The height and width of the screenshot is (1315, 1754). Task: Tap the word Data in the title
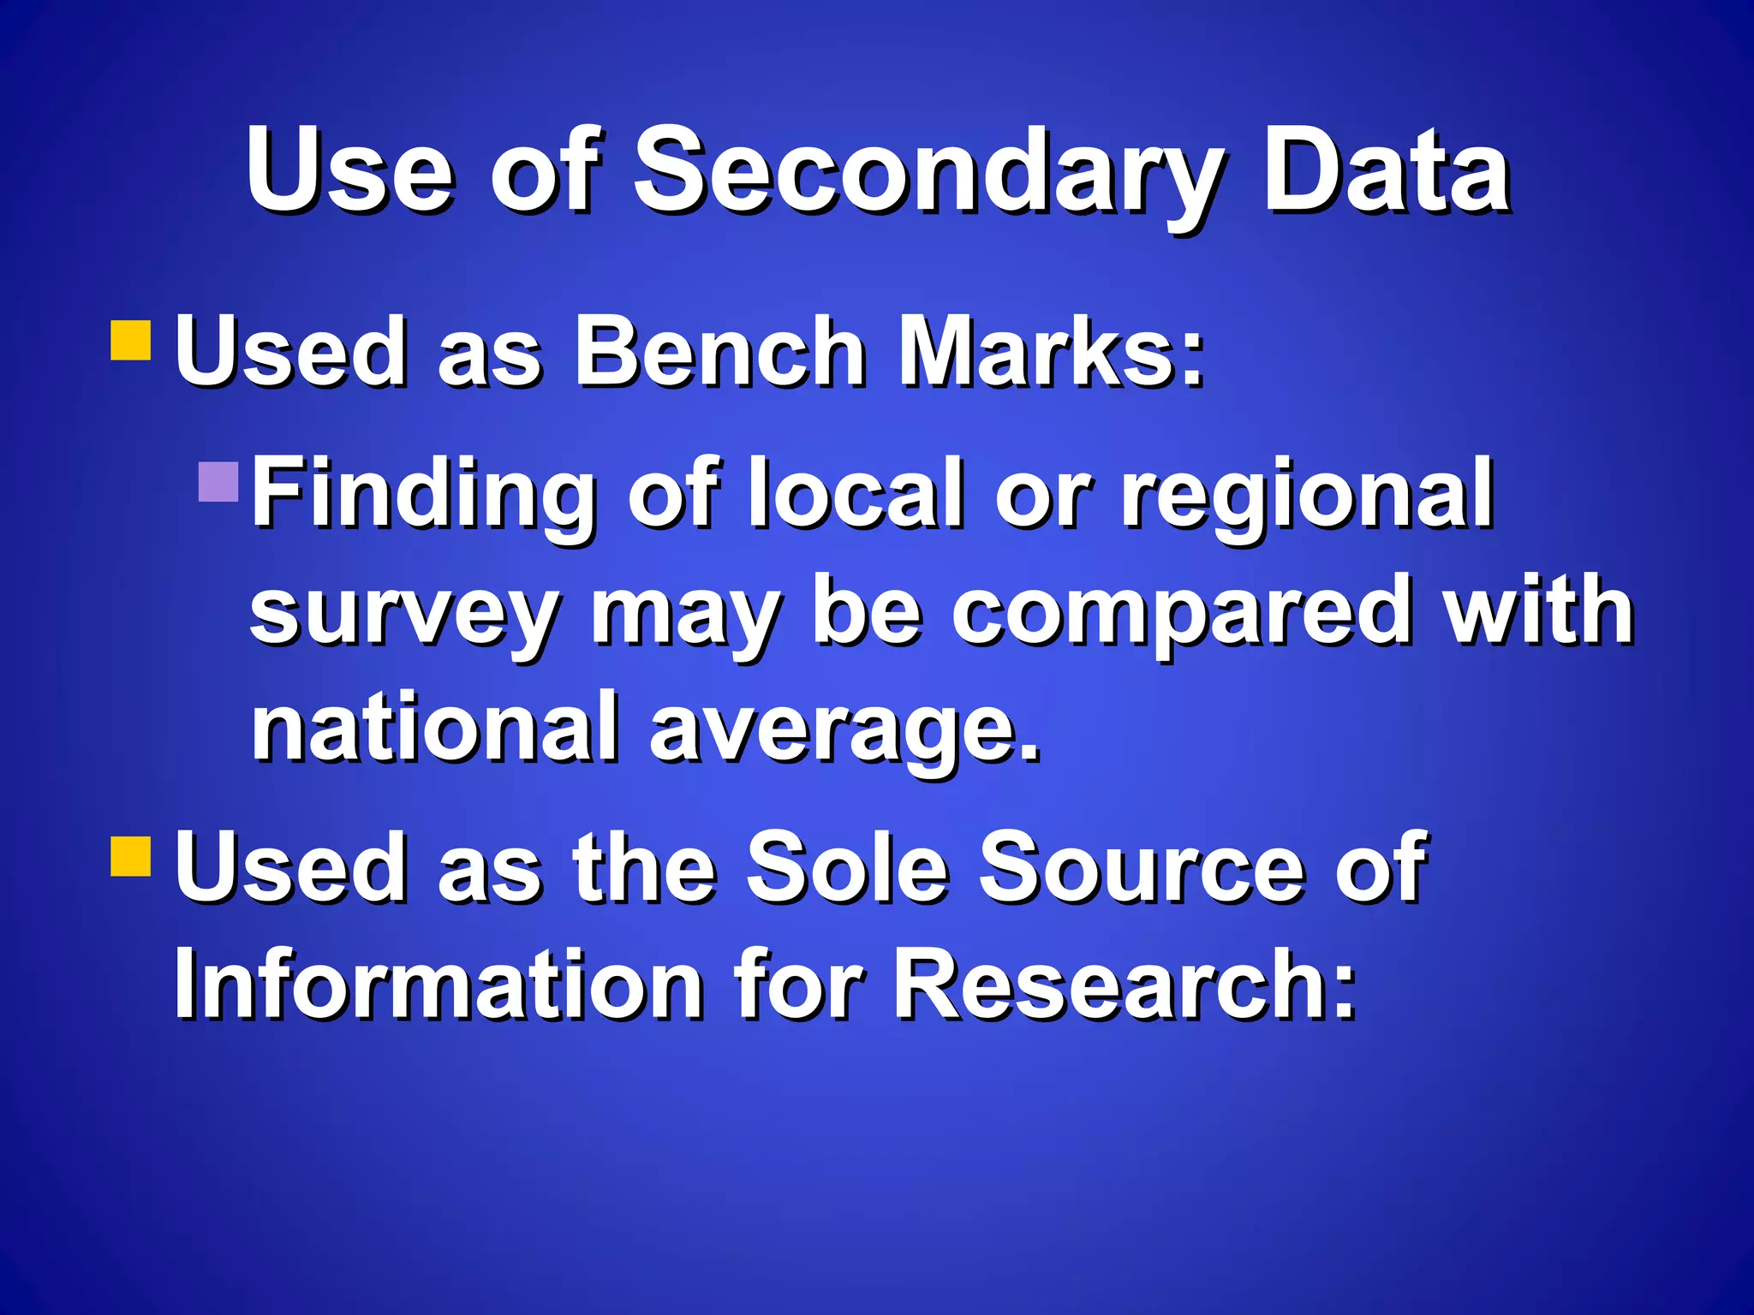(x=1387, y=171)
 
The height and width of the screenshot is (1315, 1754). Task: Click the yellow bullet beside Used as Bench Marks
(x=131, y=341)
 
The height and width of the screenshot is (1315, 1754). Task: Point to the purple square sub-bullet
(x=218, y=482)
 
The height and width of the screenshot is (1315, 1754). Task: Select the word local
(x=856, y=494)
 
